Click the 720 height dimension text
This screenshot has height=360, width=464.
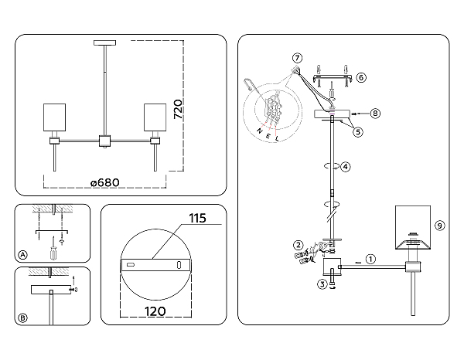coord(178,110)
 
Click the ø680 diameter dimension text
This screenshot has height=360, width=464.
coord(105,182)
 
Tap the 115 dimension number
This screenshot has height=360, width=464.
coord(197,218)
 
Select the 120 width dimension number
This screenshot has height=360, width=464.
coord(155,311)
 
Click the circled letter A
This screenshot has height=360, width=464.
coord(22,255)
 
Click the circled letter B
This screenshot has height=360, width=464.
coord(22,318)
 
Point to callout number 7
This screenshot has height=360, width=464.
coord(297,58)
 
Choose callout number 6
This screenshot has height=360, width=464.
coord(361,77)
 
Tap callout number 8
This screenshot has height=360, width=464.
coord(375,114)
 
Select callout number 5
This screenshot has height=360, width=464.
coord(358,132)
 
